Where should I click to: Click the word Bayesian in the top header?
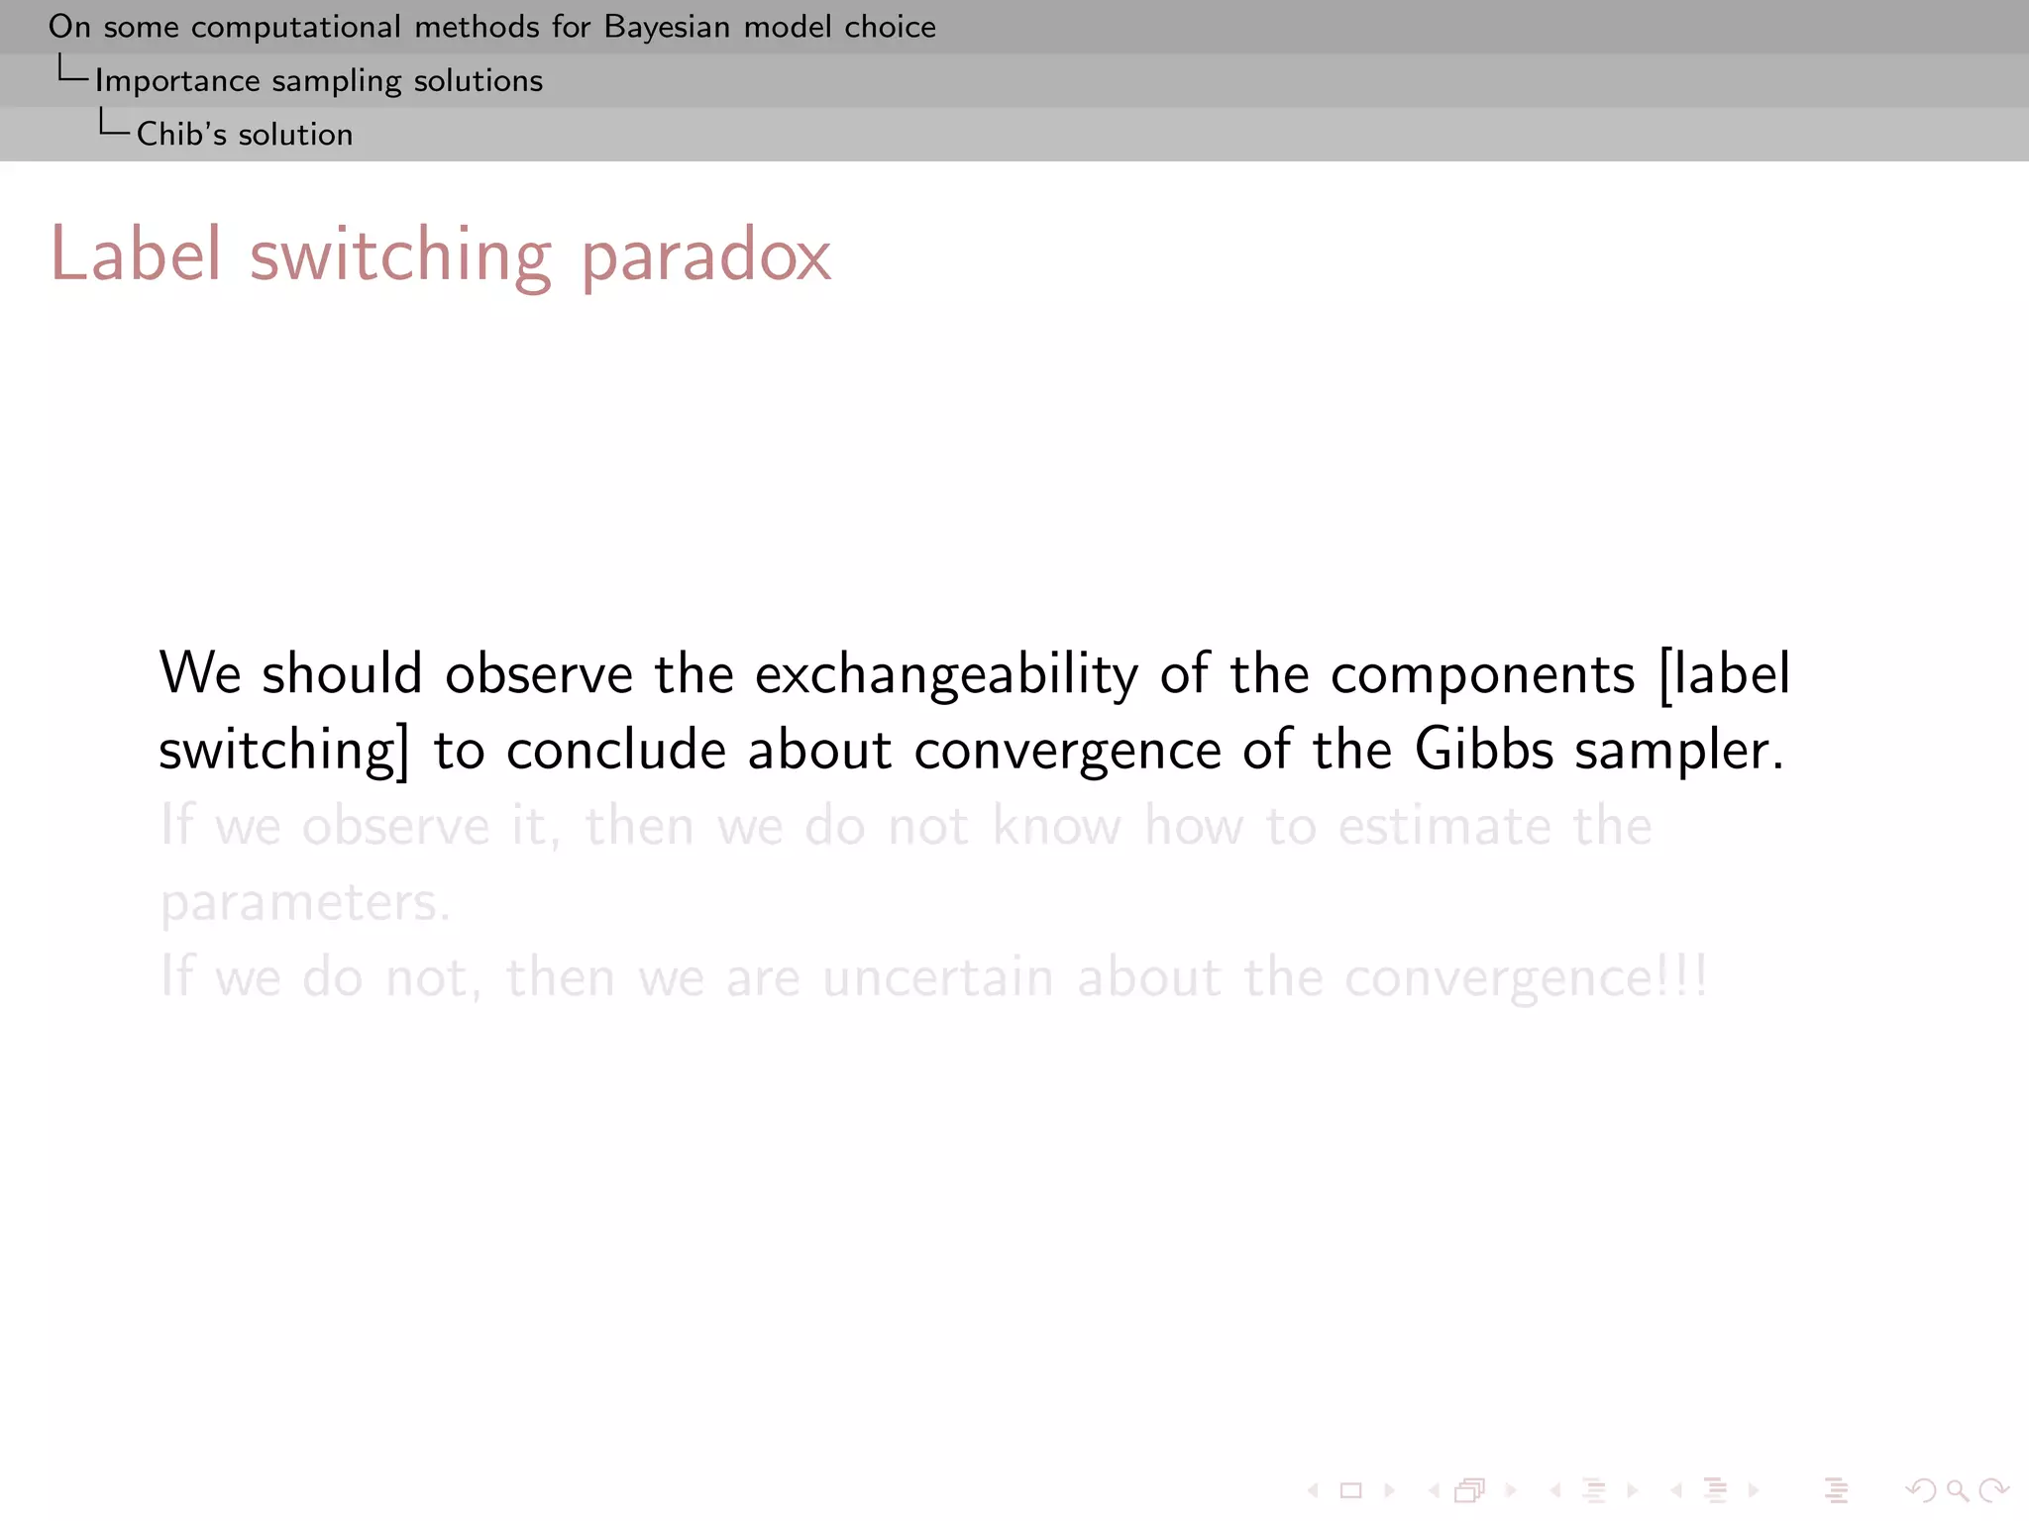(x=666, y=27)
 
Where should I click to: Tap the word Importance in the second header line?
(x=177, y=80)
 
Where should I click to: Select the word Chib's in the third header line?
(x=181, y=134)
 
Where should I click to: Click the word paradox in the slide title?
(x=705, y=255)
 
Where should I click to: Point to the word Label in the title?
(x=136, y=254)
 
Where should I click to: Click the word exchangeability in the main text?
(x=946, y=674)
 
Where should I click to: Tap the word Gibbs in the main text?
(x=1483, y=750)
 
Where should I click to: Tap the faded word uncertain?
(x=937, y=977)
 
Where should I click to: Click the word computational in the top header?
(x=296, y=27)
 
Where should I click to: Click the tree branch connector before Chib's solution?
(x=113, y=125)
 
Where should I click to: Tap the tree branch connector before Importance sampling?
(x=72, y=71)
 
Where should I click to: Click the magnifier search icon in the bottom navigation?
(x=1957, y=1490)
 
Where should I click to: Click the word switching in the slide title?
(x=400, y=255)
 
